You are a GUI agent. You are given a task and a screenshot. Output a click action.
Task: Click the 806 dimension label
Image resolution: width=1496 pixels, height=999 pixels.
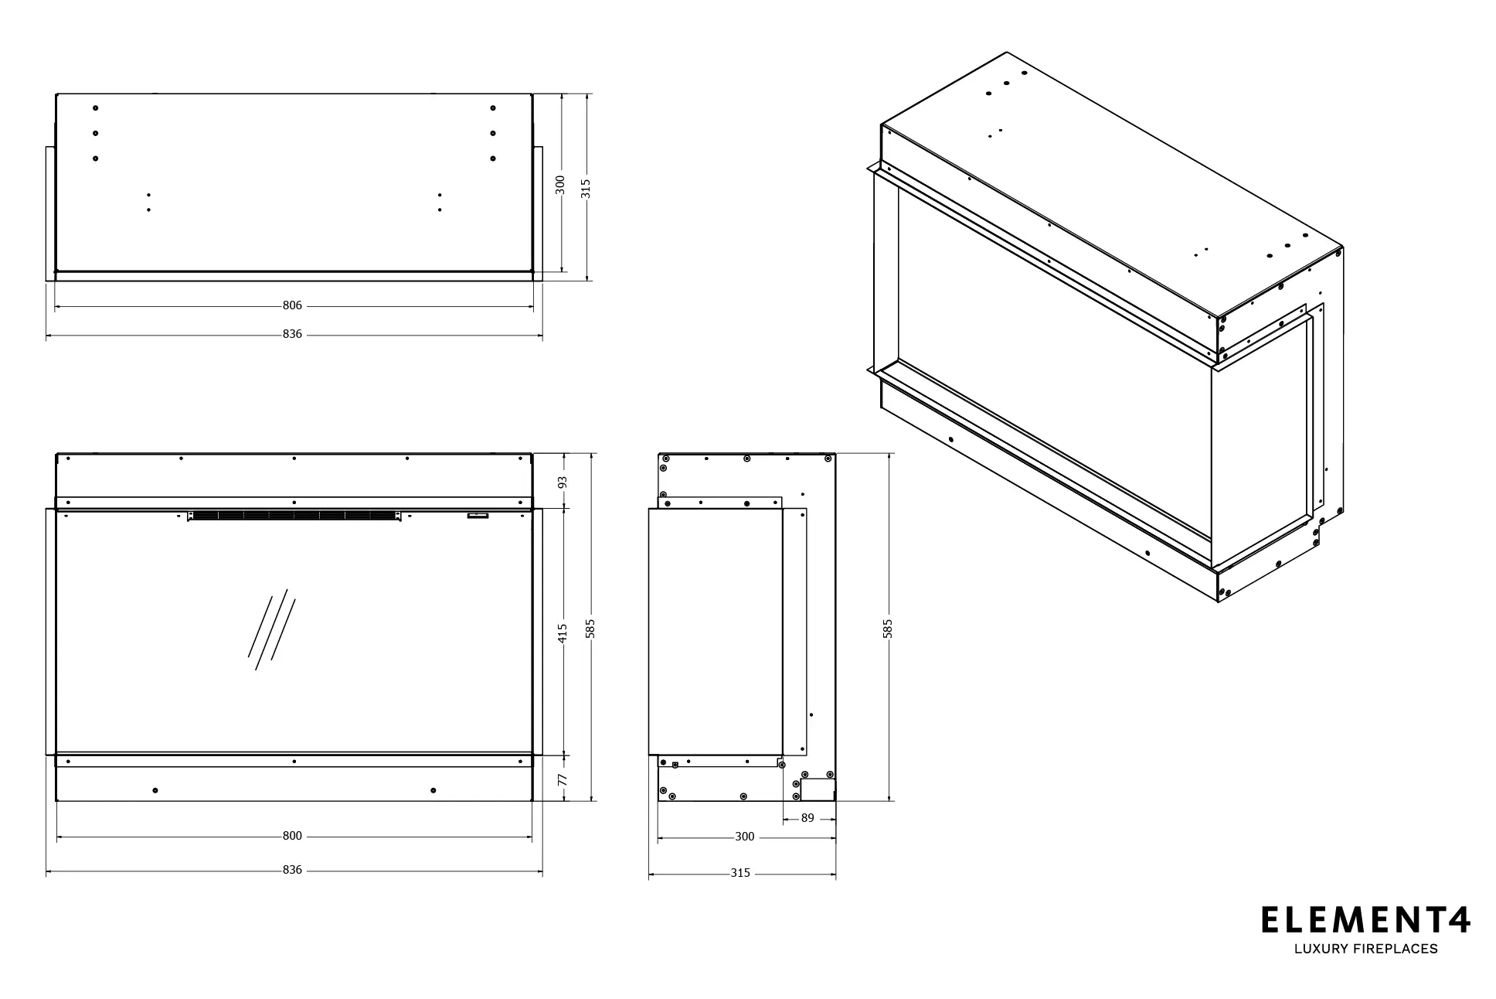(x=292, y=305)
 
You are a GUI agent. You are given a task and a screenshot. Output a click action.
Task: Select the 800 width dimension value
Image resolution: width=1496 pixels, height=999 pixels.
(x=292, y=836)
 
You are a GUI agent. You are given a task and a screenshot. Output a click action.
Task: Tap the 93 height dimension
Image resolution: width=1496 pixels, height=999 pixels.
(x=563, y=481)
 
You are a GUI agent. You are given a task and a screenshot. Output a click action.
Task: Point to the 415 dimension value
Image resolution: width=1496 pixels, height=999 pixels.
(x=563, y=632)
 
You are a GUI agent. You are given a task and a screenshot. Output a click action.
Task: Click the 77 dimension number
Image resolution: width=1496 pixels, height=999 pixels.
(x=563, y=780)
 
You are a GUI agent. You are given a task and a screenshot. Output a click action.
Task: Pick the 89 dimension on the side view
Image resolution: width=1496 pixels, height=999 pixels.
(x=807, y=817)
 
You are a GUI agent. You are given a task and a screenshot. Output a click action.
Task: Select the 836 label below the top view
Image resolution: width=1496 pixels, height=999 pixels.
(x=292, y=334)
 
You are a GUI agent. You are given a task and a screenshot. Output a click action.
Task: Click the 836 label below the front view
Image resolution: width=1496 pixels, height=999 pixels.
(x=292, y=870)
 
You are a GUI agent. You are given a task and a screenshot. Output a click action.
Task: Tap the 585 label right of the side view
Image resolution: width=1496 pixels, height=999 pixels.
(x=888, y=629)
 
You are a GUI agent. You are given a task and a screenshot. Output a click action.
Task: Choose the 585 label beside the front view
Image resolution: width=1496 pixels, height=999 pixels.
(x=590, y=629)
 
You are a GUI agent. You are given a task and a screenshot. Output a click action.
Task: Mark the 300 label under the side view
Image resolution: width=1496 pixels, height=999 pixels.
(x=744, y=836)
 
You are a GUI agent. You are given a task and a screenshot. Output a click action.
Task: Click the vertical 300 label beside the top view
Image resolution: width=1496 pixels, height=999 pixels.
(x=561, y=186)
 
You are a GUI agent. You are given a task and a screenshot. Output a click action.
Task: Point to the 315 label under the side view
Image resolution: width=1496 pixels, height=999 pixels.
(x=740, y=873)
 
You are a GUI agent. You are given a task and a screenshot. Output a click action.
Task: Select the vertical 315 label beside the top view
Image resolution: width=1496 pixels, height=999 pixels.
(x=586, y=189)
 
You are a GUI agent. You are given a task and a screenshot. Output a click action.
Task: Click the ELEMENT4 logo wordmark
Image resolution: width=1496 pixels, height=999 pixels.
(x=1365, y=920)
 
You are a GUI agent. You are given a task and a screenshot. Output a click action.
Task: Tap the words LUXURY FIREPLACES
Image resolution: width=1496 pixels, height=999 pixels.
(x=1365, y=949)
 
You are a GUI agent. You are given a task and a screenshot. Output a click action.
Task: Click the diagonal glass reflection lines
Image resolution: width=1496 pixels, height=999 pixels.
(x=271, y=629)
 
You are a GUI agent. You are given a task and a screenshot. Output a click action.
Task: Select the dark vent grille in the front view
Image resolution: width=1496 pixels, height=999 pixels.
(x=294, y=515)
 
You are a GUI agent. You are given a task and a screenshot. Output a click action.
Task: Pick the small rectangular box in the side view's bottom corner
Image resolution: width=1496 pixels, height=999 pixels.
(x=818, y=789)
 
